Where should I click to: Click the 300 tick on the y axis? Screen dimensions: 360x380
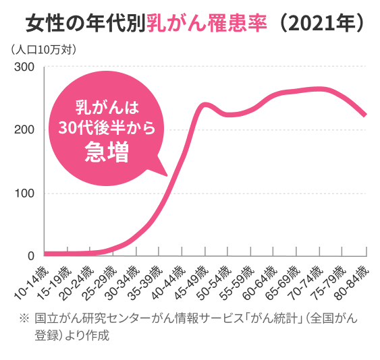[x=24, y=67]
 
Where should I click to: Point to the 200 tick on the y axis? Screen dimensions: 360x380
[x=24, y=130]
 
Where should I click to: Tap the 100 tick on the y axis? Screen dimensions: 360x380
[x=24, y=193]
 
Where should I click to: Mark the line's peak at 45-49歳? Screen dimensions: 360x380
[x=203, y=104]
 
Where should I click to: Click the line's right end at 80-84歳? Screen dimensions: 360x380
[x=365, y=116]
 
